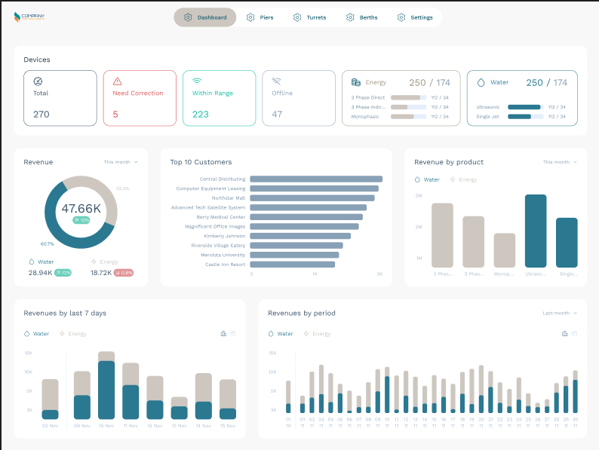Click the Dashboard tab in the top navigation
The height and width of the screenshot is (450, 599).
click(x=204, y=17)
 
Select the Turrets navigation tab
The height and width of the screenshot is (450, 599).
click(x=309, y=17)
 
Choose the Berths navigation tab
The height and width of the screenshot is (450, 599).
click(x=361, y=17)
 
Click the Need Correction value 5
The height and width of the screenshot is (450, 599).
click(x=115, y=115)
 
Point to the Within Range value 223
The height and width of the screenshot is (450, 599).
click(x=200, y=115)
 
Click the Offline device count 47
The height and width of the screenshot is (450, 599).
click(x=277, y=115)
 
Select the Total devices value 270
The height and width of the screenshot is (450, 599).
click(x=41, y=115)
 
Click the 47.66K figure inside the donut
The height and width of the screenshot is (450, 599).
click(x=81, y=209)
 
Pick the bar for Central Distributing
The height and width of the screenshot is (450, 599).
click(x=315, y=179)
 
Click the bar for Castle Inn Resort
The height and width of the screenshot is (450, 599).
click(x=292, y=265)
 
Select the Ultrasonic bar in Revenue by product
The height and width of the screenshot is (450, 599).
click(x=536, y=231)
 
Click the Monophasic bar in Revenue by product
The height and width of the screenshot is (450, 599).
click(x=504, y=250)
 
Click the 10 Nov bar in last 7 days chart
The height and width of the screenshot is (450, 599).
click(x=106, y=386)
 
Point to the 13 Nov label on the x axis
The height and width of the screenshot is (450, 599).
click(x=179, y=426)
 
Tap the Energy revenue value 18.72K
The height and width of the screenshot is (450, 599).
click(x=100, y=273)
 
